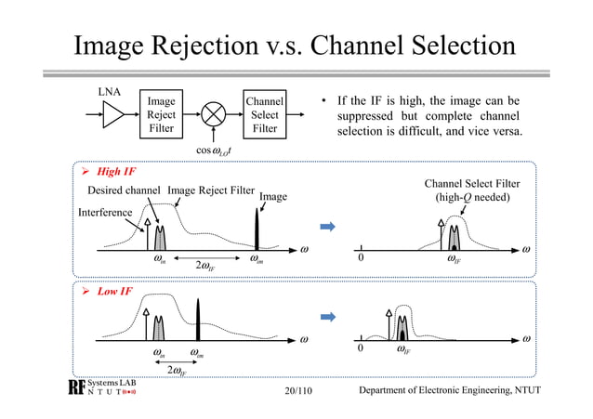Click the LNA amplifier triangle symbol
[112, 114]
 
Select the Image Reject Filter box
[161, 114]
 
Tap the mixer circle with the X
[214, 114]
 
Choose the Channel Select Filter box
[265, 114]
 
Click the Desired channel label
[125, 190]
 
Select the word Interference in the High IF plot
[105, 213]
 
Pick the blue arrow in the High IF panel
[327, 226]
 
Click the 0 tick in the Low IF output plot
[362, 350]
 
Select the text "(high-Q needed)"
[471, 198]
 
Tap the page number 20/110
[296, 389]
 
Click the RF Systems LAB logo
[101, 387]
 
